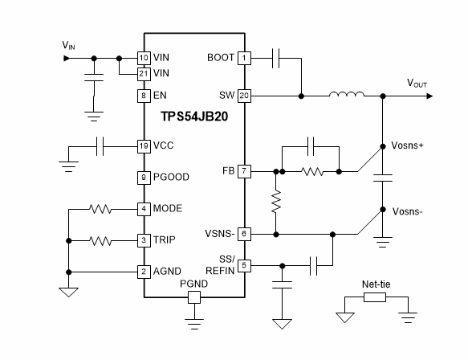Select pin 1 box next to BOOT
(245, 58)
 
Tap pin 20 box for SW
(245, 95)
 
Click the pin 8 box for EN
(144, 95)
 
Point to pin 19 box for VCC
(144, 146)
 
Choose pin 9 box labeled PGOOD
(144, 178)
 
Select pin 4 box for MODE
(144, 209)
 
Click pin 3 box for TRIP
(144, 240)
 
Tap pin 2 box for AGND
(144, 271)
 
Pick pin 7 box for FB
(245, 171)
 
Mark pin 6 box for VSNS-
(245, 234)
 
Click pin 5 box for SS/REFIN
(245, 264)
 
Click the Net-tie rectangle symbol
(375, 297)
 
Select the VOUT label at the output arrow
(420, 83)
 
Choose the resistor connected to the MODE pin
(100, 209)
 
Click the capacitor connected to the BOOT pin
(276, 58)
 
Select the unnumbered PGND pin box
(193, 297)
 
